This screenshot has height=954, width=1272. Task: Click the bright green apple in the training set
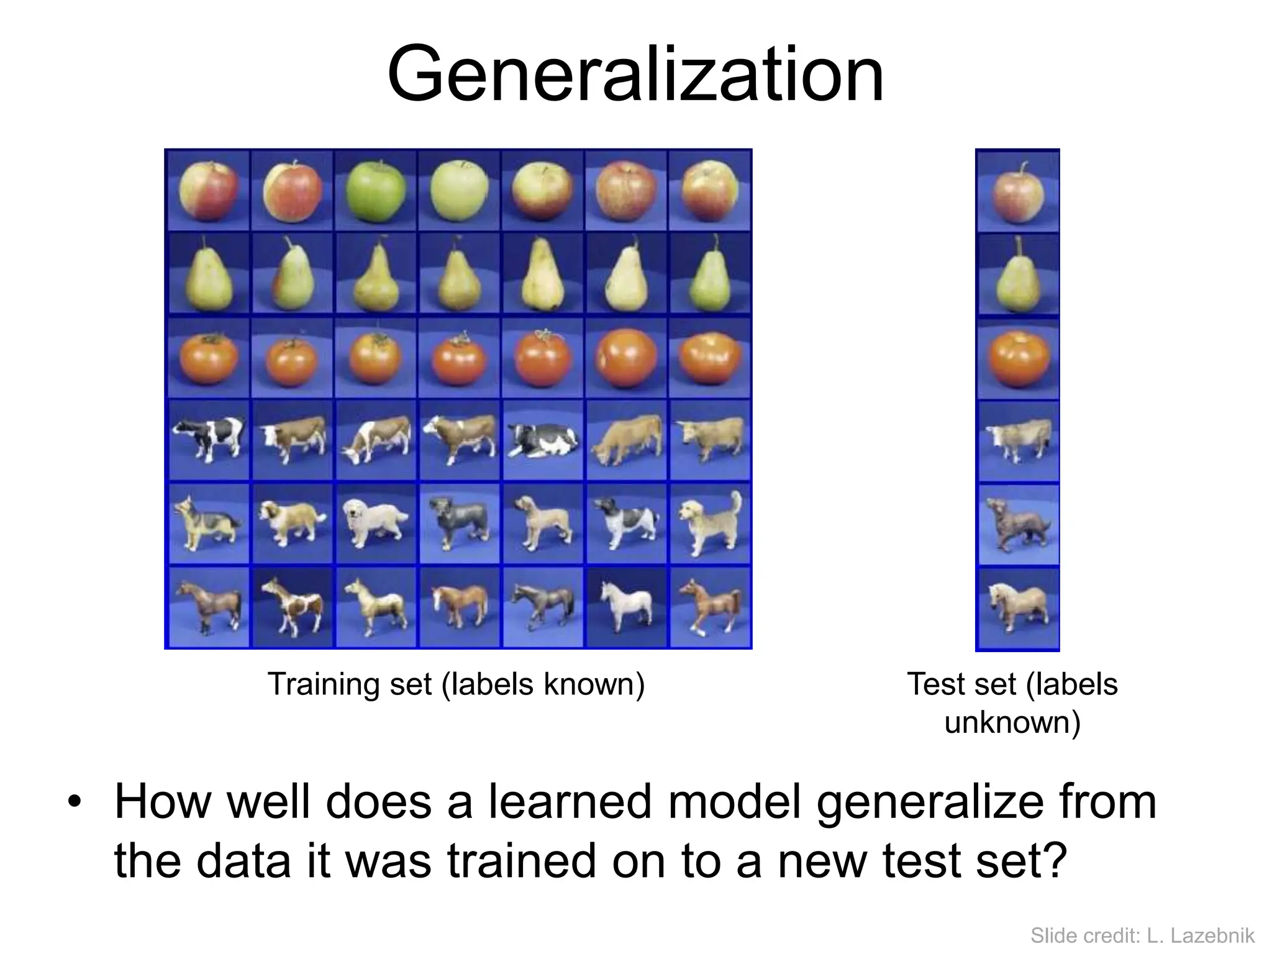point(375,190)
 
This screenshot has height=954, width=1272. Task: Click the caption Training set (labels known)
point(456,684)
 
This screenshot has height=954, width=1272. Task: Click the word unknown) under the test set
point(1012,722)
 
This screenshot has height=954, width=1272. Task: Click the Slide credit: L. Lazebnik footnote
point(1142,935)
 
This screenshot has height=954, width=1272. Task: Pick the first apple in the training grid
point(207,190)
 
